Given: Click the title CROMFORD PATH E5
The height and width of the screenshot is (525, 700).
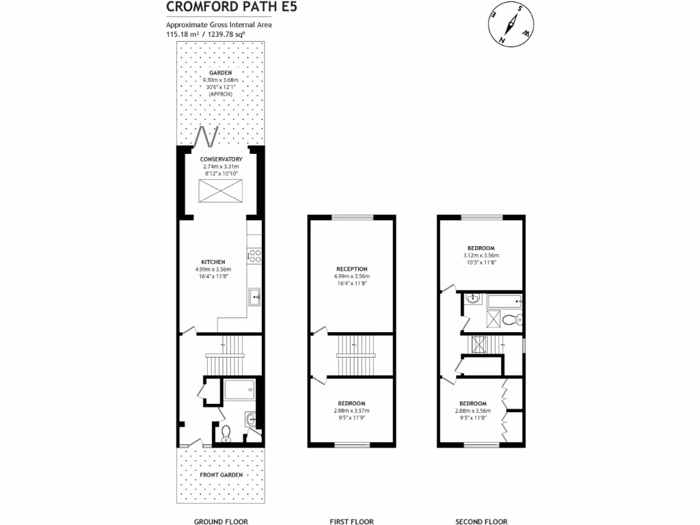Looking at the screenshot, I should click(x=221, y=8).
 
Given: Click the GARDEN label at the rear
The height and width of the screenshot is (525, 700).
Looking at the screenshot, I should click(x=221, y=72).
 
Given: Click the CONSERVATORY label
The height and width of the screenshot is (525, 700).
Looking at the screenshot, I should click(x=221, y=159).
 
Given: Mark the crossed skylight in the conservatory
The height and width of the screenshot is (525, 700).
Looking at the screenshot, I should click(x=220, y=191).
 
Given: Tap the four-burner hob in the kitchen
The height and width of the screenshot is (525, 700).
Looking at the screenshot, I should click(x=255, y=256).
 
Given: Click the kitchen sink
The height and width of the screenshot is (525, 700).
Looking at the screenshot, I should click(x=254, y=297).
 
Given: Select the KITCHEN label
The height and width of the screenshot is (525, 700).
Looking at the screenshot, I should click(x=213, y=262).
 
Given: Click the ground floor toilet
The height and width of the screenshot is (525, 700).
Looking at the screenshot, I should click(x=226, y=432).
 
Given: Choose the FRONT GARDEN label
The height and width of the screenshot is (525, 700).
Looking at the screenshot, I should click(x=220, y=474).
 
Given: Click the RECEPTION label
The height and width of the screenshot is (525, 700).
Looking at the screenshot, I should click(x=351, y=269).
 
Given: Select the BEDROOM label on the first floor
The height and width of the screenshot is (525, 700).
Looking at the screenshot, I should click(x=351, y=403).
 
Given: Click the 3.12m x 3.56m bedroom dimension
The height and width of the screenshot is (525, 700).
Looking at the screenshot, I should click(x=481, y=256).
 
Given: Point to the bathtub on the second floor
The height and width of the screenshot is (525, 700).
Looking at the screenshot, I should click(x=503, y=299).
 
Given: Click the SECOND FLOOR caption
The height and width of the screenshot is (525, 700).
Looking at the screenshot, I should click(x=481, y=522).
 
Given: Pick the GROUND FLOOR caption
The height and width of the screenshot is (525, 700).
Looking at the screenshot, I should click(x=221, y=522).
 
